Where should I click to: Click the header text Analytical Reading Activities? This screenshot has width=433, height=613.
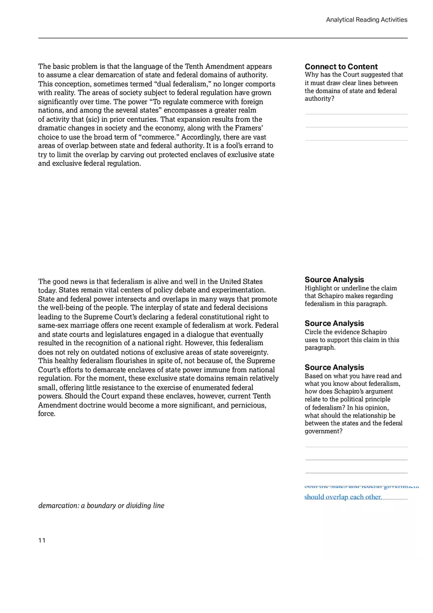click(x=366, y=20)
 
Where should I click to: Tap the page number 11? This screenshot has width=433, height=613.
click(x=42, y=540)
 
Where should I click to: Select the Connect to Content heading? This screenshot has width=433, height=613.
click(x=341, y=66)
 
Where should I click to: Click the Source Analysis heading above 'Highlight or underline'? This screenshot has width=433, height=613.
click(x=334, y=279)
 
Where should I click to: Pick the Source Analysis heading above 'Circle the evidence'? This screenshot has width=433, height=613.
click(x=334, y=323)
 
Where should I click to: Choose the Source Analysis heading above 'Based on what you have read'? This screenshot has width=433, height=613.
click(x=334, y=367)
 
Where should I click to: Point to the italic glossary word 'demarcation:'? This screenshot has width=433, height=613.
click(x=59, y=505)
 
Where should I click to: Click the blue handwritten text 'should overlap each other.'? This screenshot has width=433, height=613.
click(x=342, y=496)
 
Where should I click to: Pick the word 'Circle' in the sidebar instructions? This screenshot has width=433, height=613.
click(x=314, y=332)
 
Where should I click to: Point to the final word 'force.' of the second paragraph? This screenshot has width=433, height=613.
click(x=47, y=414)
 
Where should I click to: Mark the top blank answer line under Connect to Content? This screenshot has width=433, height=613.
click(x=356, y=114)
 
